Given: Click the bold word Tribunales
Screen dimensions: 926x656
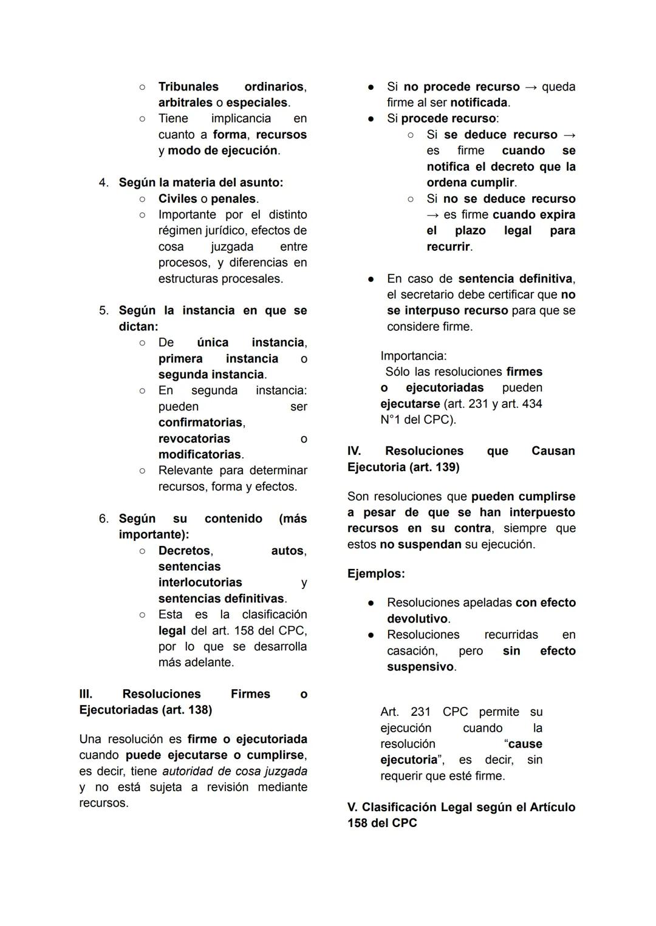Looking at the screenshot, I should [x=188, y=87].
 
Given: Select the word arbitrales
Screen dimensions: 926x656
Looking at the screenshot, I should [x=185, y=103].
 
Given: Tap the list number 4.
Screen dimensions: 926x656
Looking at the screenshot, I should [x=103, y=182].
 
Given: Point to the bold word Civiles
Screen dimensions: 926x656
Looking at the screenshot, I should [x=177, y=199].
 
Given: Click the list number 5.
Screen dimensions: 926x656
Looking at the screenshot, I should [x=103, y=310].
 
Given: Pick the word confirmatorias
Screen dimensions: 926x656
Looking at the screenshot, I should [x=200, y=422].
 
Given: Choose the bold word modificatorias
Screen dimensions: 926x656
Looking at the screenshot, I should [x=200, y=454].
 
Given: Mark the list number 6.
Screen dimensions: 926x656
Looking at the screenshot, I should [x=103, y=519].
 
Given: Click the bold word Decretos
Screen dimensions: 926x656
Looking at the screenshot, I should [x=185, y=551].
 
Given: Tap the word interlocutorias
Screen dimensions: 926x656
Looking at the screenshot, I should [x=200, y=582].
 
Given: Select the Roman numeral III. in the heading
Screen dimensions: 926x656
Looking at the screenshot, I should [x=86, y=694].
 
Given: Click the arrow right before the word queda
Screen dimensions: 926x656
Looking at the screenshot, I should [x=530, y=87].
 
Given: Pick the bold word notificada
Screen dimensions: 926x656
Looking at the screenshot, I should [x=479, y=103].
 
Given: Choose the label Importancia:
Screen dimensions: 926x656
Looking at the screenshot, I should [x=413, y=356].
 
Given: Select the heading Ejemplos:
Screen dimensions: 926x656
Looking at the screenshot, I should [x=376, y=573].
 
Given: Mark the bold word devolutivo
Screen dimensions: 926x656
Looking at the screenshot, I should [x=417, y=619].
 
